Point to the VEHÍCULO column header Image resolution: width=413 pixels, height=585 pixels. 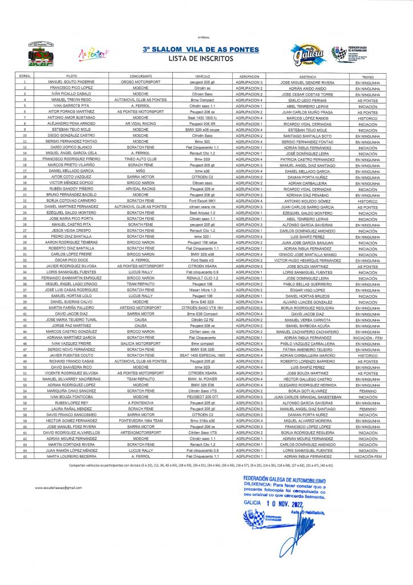pos(203,76)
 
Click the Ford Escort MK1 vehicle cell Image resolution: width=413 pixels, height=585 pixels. pos(203,201)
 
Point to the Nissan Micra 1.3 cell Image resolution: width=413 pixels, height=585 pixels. pos(203,290)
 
